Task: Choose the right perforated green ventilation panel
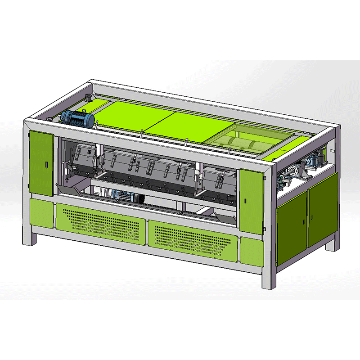click(193, 238)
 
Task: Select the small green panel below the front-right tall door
click(252, 250)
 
